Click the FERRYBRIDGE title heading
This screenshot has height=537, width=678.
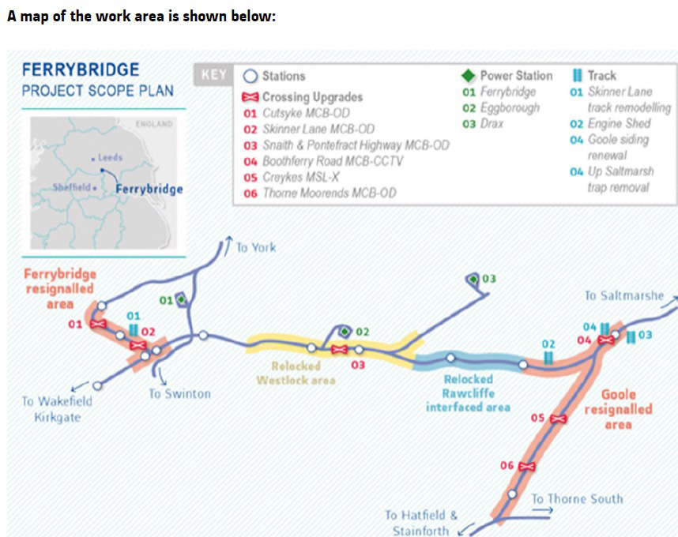coord(80,69)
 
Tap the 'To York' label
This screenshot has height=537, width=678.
coord(255,247)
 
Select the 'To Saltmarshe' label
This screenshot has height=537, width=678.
coord(623,295)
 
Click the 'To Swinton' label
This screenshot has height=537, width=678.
coord(179,392)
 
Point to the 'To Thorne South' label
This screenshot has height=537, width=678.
coord(576,498)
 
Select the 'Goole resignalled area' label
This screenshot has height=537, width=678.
coord(618,409)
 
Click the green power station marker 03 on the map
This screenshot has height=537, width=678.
coord(473,280)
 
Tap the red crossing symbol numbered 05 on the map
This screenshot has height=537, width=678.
coord(558,418)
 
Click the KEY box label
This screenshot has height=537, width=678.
coord(213,75)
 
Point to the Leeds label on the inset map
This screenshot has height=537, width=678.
coord(108,158)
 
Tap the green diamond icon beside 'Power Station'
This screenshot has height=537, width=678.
coord(468,76)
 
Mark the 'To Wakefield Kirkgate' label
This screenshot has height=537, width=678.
coord(57,409)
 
